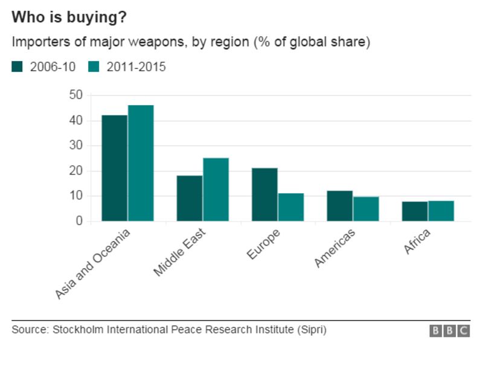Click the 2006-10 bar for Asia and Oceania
(115, 168)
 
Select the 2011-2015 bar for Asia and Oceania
(141, 163)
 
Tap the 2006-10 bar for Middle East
(190, 198)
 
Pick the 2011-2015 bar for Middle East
(216, 190)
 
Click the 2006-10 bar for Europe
(264, 194)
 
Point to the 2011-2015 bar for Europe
(290, 207)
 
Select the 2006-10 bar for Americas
(340, 206)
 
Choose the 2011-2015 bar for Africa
(441, 211)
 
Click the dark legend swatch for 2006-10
(17, 67)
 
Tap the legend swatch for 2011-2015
(94, 67)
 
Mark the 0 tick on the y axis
(78, 221)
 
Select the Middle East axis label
(179, 252)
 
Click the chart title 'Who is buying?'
(69, 18)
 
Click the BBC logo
(449, 330)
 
